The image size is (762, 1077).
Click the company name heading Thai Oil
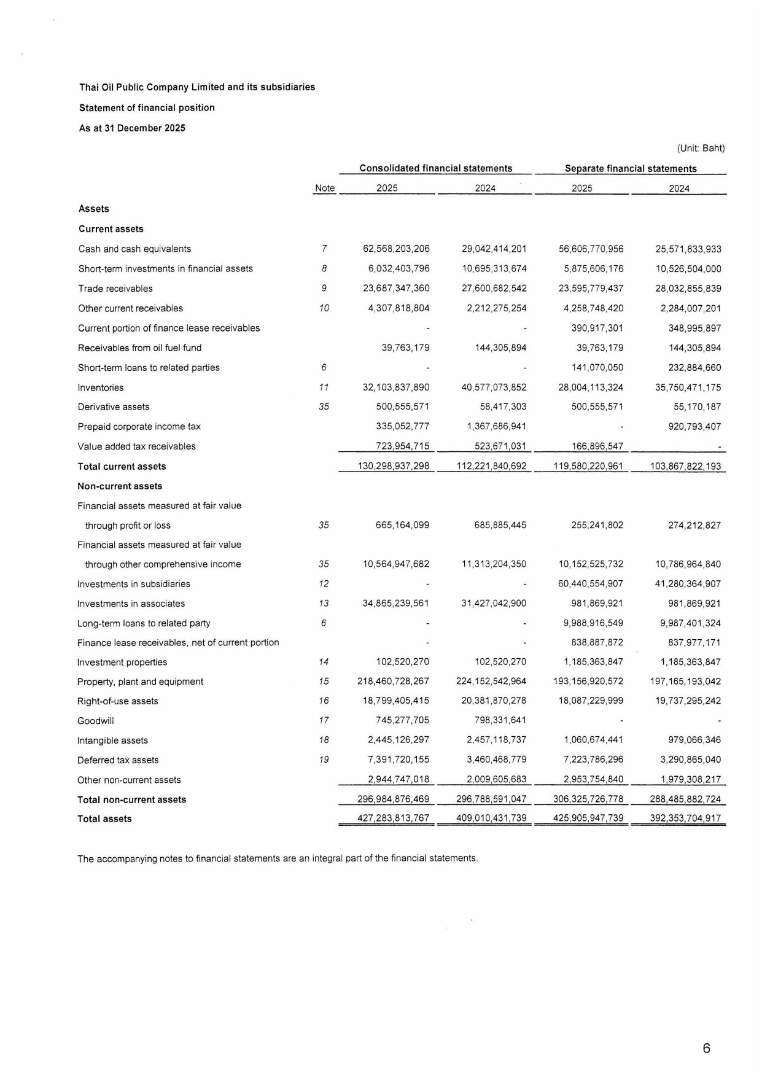(x=196, y=87)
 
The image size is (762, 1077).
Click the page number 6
(x=706, y=1048)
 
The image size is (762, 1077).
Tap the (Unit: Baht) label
(x=701, y=148)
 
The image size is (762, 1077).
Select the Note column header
(x=324, y=189)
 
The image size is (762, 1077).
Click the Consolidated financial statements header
(x=435, y=168)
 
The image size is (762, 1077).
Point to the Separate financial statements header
(x=630, y=169)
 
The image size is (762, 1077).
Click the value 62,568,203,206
(x=396, y=249)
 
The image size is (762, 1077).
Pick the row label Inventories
(x=101, y=387)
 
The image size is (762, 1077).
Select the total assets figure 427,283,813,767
(x=393, y=818)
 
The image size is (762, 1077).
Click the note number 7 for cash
(x=324, y=249)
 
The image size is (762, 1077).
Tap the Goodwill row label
(x=95, y=721)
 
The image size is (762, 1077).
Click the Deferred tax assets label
(x=117, y=760)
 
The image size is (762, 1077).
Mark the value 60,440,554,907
(x=590, y=584)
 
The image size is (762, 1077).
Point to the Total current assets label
(x=122, y=467)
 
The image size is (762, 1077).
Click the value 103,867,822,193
(x=685, y=467)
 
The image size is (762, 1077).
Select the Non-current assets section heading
(x=120, y=486)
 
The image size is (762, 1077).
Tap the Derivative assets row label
(x=113, y=407)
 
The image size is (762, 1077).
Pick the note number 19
(x=324, y=760)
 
